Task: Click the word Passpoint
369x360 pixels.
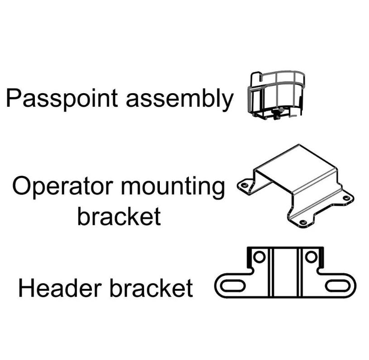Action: (x=62, y=98)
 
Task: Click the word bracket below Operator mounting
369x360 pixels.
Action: (x=119, y=216)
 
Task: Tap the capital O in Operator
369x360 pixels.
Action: (x=21, y=186)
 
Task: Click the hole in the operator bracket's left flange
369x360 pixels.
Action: (x=244, y=185)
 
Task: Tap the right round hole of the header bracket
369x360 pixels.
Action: (x=311, y=257)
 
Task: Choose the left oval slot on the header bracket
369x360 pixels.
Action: (x=232, y=286)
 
